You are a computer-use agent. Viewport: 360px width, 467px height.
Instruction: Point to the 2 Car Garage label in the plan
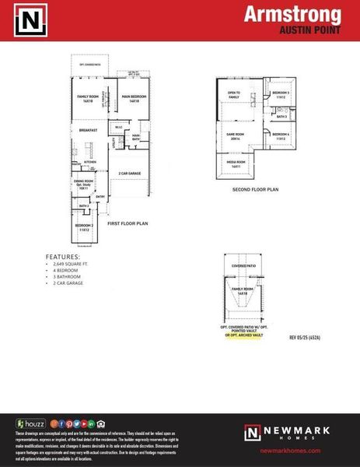(129, 173)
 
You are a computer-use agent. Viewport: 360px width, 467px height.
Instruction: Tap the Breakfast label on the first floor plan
(88, 130)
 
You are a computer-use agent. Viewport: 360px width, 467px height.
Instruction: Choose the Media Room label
(236, 165)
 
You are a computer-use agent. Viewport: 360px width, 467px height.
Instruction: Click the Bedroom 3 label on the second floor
(281, 95)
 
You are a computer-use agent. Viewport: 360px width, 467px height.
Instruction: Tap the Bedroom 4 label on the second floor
(281, 136)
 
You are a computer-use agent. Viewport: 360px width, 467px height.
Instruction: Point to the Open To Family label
(235, 95)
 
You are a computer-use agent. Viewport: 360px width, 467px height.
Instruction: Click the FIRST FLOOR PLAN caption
(128, 223)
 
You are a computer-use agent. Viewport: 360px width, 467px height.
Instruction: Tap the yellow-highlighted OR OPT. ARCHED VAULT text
(250, 334)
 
